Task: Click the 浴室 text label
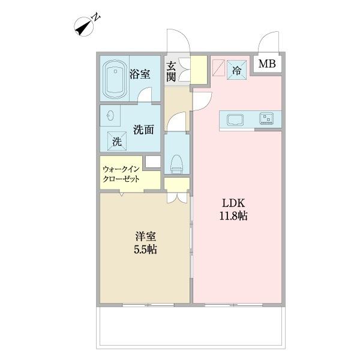pyautogui.click(x=139, y=74)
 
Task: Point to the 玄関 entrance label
pyautogui.click(x=172, y=72)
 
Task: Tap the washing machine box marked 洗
pyautogui.click(x=117, y=142)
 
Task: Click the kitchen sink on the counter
pyautogui.click(x=234, y=119)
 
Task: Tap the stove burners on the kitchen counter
pyautogui.click(x=266, y=119)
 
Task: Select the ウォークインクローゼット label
pyautogui.click(x=122, y=174)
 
